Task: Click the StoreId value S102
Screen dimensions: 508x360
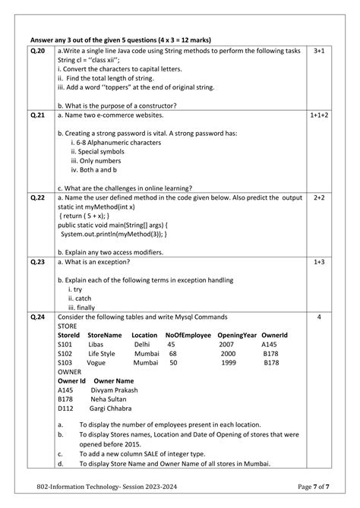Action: coord(65,353)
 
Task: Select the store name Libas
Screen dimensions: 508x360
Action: coord(97,344)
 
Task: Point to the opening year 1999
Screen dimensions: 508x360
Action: coord(228,363)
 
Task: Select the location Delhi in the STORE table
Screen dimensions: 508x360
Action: coord(142,344)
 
